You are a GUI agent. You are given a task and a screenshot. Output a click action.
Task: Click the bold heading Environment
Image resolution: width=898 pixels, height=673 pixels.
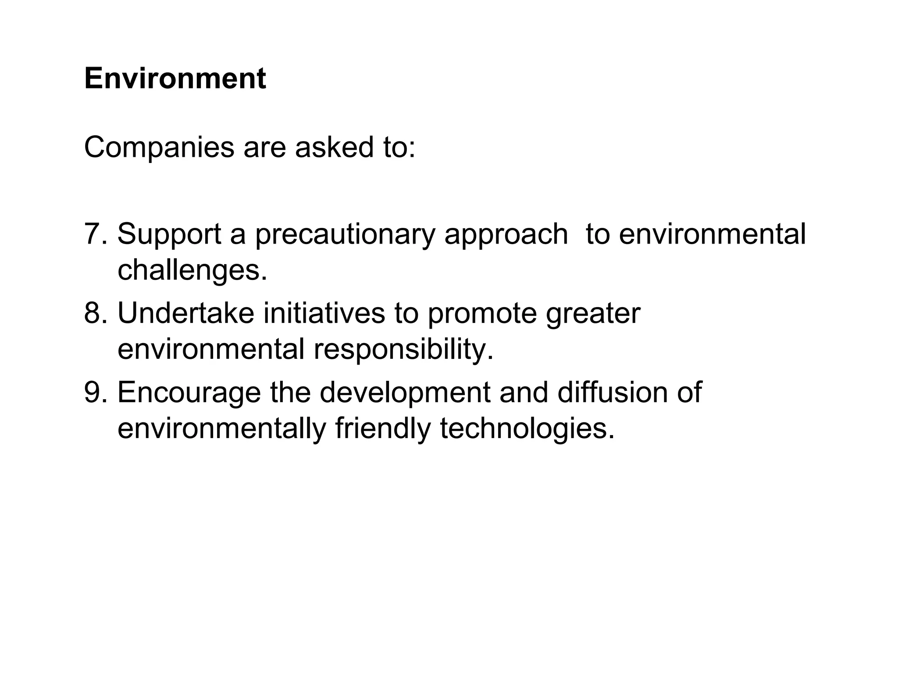point(175,79)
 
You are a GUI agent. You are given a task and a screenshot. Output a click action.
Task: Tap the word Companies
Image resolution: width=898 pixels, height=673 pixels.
point(159,148)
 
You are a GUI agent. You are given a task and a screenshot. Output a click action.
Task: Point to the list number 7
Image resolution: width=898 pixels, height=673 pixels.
point(96,234)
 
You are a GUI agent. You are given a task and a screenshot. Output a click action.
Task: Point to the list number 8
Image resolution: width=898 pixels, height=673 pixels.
point(96,313)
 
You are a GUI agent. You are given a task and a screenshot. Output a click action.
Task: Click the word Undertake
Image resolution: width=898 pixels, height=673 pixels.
point(185,313)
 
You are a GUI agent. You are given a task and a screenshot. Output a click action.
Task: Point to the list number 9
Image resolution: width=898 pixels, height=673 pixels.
point(96,392)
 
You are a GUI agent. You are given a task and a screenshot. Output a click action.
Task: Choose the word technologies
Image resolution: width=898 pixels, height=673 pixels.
point(527,429)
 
